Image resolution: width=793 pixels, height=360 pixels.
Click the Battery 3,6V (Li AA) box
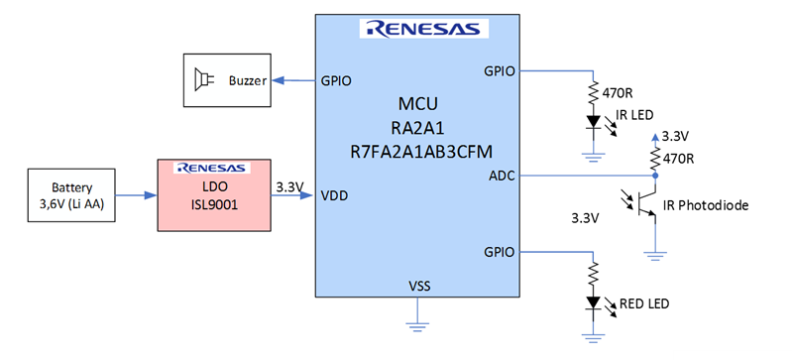pyautogui.click(x=73, y=194)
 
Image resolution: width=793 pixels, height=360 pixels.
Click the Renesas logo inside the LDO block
pyautogui.click(x=211, y=168)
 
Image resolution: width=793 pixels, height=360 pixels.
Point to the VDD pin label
pyautogui.click(x=333, y=194)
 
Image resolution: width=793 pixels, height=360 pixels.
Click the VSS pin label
pyautogui.click(x=418, y=286)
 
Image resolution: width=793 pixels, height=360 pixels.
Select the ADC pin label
pyautogui.click(x=502, y=176)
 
